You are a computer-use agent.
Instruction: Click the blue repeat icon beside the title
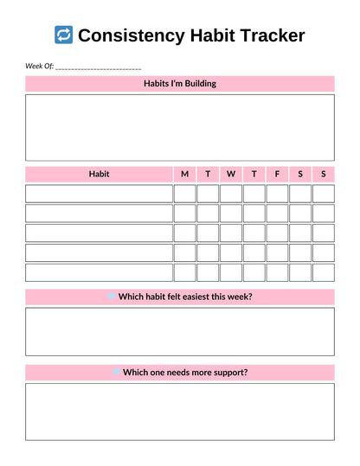click(63, 35)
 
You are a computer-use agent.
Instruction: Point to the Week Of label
click(39, 67)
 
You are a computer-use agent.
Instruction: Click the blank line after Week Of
click(98, 67)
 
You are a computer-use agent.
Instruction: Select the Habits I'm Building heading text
click(180, 84)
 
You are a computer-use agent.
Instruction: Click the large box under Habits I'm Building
click(180, 127)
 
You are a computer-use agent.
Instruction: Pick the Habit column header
click(100, 174)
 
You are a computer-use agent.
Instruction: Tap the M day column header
click(184, 174)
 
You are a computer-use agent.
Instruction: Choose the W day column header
click(231, 174)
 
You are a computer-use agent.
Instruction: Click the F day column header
click(277, 174)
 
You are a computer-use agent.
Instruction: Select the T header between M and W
click(208, 174)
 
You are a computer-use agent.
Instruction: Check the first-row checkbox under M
click(184, 194)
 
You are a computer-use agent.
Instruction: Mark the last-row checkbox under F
click(277, 272)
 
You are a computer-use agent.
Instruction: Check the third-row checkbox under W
click(231, 233)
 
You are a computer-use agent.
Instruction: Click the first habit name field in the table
click(100, 194)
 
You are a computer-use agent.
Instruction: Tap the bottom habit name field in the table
click(100, 272)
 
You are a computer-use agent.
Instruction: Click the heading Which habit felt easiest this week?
click(185, 297)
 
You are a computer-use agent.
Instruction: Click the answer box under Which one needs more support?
click(180, 412)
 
